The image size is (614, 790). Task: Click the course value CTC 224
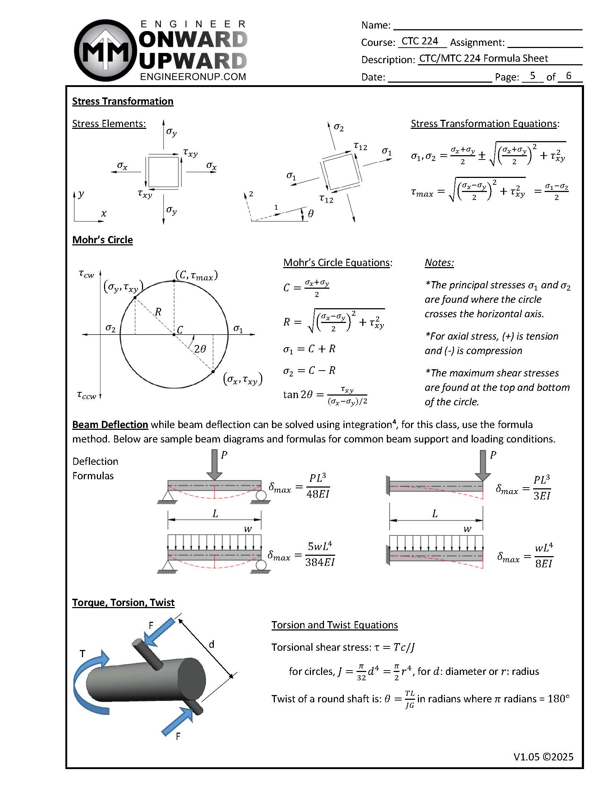point(420,41)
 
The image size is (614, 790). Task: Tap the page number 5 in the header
point(532,75)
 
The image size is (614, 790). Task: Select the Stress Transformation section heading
point(122,101)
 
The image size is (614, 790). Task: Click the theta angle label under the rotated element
point(311,214)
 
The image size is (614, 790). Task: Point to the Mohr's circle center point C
point(174,335)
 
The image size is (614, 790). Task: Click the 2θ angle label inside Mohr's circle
point(200,349)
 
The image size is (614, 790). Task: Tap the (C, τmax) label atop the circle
point(196,276)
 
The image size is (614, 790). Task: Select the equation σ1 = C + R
point(309,349)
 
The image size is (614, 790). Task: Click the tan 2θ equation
point(325,395)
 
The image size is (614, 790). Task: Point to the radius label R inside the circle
point(158,312)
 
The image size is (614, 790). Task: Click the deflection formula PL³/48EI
point(318,486)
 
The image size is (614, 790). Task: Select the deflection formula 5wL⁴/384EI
point(320,554)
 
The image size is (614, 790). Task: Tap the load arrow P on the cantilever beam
point(483,465)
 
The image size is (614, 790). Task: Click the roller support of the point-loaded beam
point(261,496)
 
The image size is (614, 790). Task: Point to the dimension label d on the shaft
point(211,644)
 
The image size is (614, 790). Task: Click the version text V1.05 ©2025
point(543,757)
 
